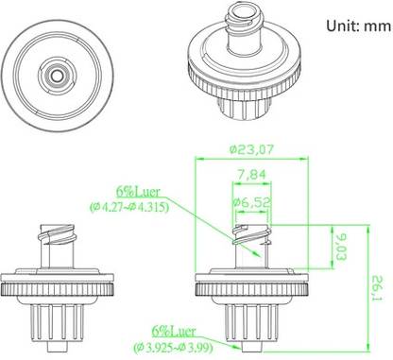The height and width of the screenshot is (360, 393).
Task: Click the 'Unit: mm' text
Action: [x=358, y=26]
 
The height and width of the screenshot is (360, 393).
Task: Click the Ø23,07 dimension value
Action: [x=251, y=149]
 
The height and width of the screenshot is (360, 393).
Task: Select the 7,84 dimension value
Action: [x=251, y=174]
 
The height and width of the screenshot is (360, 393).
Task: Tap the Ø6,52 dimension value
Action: [x=251, y=202]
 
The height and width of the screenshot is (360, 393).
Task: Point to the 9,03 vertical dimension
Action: [x=340, y=247]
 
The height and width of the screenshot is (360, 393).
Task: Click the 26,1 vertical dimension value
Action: [x=377, y=288]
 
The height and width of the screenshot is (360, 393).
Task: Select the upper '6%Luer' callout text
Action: [x=138, y=192]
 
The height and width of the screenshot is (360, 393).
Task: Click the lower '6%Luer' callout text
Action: [x=174, y=332]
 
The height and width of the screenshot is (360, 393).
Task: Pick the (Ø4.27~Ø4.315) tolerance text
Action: [x=129, y=207]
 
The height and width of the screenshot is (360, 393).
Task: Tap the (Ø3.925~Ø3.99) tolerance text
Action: [x=173, y=347]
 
